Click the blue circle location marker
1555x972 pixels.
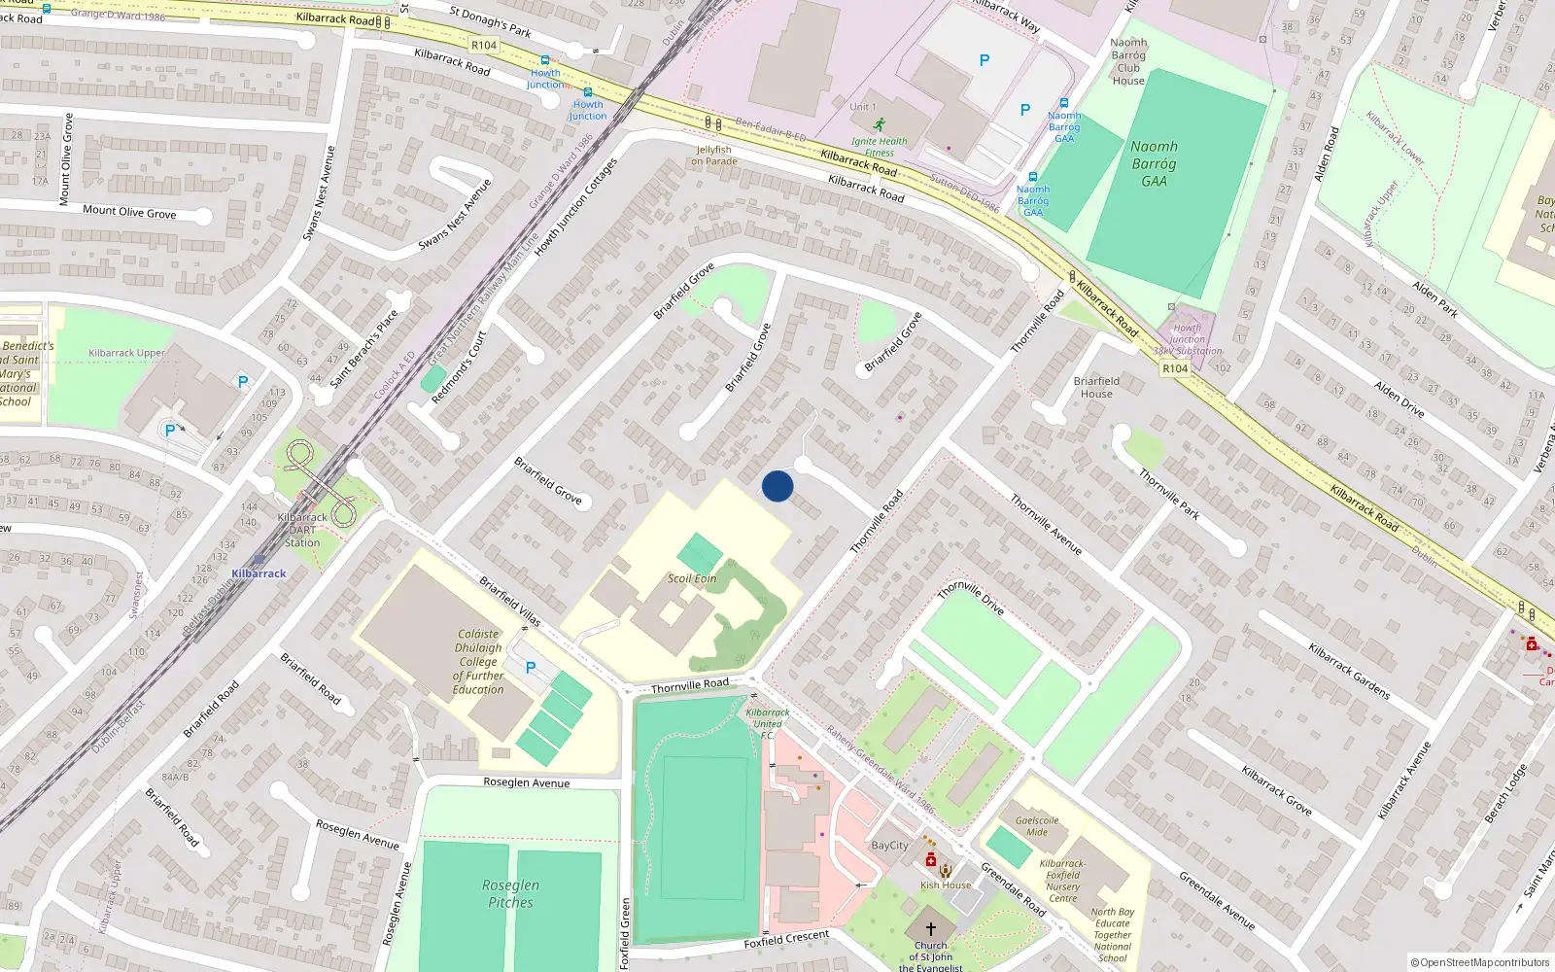click(x=777, y=486)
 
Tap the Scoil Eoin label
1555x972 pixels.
click(x=692, y=578)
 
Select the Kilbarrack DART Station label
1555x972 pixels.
click(x=302, y=530)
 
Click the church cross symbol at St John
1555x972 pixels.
click(x=930, y=929)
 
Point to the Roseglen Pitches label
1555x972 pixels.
click(x=510, y=893)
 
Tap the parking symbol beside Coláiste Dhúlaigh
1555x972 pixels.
click(x=531, y=668)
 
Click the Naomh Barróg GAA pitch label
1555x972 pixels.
click(x=1154, y=163)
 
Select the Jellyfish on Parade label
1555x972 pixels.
click(x=714, y=156)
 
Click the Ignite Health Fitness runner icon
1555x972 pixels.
click(x=879, y=125)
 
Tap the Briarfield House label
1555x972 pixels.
click(x=1096, y=387)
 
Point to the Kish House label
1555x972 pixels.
click(x=946, y=885)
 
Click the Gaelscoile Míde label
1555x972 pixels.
click(x=1037, y=825)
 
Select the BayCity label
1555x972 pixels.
click(x=889, y=846)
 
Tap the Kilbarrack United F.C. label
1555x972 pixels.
click(x=768, y=723)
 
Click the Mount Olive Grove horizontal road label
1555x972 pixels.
click(x=129, y=211)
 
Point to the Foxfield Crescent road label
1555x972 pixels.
click(x=786, y=939)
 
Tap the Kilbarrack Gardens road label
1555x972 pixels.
click(x=1349, y=671)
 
